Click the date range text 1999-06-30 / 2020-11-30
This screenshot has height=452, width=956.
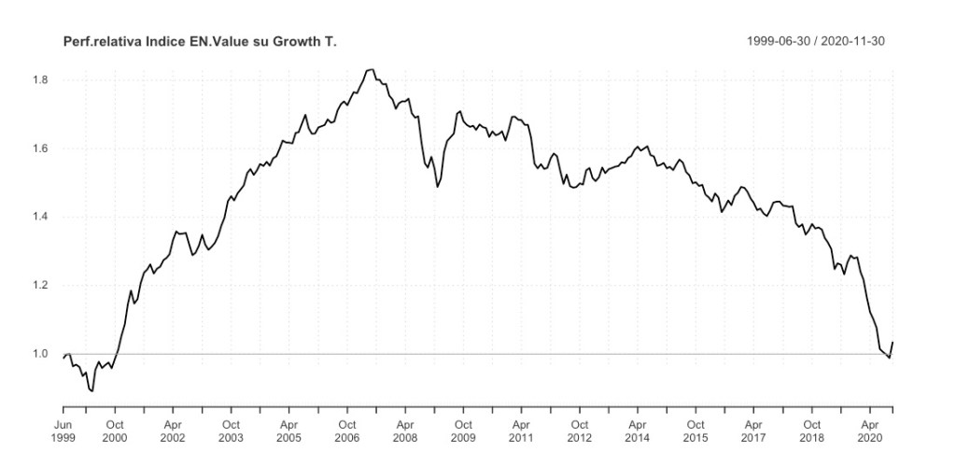tap(816, 42)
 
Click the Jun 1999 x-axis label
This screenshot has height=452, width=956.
tap(63, 430)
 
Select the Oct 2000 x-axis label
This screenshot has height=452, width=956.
tap(115, 430)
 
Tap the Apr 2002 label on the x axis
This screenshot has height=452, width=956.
tap(173, 430)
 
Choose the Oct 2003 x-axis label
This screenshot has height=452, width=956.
tap(231, 430)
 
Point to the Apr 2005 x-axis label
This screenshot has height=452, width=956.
tap(289, 430)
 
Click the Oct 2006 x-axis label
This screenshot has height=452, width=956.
tap(347, 430)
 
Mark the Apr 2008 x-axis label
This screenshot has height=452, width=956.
tap(405, 430)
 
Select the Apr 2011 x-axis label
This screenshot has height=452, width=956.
tap(521, 430)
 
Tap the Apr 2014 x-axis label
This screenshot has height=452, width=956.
tap(638, 430)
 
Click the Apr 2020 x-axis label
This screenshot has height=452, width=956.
tap(870, 430)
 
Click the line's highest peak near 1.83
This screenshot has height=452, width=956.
tap(371, 69)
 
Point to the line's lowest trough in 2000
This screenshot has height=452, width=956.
tap(91, 390)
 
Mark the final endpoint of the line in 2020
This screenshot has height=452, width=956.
tap(893, 343)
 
